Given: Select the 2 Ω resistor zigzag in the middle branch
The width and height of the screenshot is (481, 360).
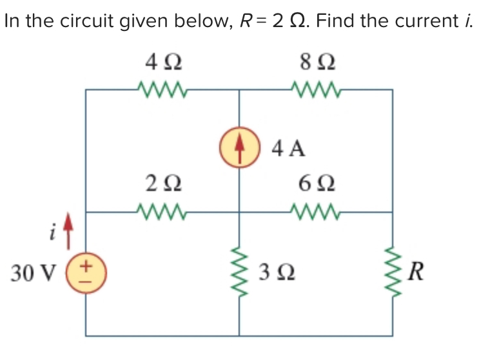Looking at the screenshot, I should point(162,210).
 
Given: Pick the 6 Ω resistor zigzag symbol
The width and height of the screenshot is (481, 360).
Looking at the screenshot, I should point(317,210).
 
